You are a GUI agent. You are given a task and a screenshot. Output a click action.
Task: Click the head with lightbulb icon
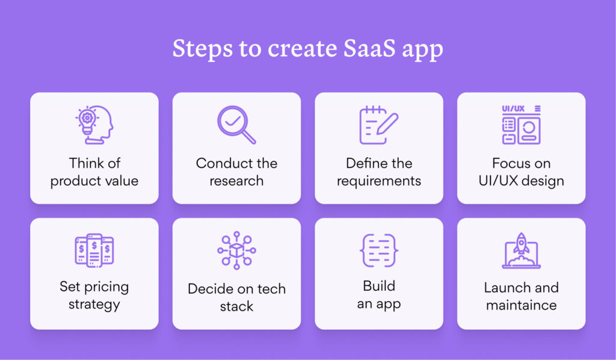(94, 125)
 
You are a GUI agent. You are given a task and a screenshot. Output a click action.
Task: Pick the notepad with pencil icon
(378, 125)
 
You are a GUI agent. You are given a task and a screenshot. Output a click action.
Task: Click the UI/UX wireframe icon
(521, 125)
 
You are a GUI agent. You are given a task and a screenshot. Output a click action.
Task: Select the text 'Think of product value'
(94, 172)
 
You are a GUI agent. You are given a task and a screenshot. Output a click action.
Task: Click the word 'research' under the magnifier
(236, 181)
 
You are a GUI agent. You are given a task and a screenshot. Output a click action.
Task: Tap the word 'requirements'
(379, 181)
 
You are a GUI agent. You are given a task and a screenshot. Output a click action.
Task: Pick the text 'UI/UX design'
(521, 181)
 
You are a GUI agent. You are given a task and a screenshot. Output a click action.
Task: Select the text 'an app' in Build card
(379, 305)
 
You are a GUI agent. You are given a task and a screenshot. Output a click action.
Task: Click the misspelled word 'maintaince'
(521, 306)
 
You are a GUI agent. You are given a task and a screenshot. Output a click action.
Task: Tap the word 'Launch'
(505, 287)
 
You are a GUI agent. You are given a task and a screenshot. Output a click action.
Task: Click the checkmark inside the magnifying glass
(232, 120)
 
